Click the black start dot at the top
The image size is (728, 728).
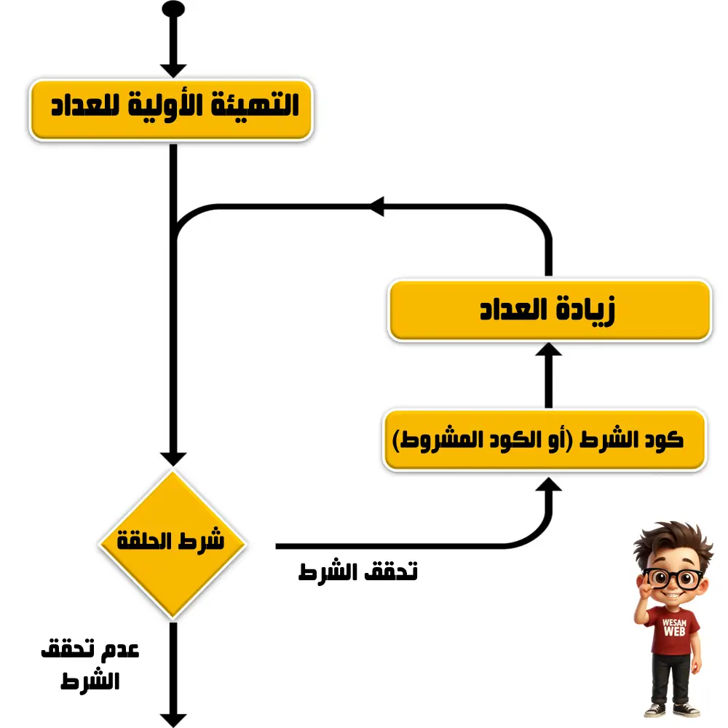pyautogui.click(x=173, y=9)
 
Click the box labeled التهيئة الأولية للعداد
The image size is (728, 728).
pyautogui.click(x=171, y=110)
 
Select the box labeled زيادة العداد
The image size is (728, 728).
pyautogui.click(x=549, y=310)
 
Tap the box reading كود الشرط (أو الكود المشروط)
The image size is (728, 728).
pyautogui.click(x=544, y=440)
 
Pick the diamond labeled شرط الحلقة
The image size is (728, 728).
pyautogui.click(x=173, y=544)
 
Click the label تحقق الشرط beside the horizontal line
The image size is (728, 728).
pyautogui.click(x=358, y=571)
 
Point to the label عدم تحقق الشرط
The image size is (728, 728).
pyautogui.click(x=90, y=665)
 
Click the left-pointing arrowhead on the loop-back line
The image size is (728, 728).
pyautogui.click(x=376, y=206)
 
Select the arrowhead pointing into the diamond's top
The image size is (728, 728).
pyautogui.click(x=173, y=459)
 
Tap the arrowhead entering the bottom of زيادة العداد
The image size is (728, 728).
pyautogui.click(x=549, y=349)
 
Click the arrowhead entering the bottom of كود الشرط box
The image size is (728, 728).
pyautogui.click(x=549, y=484)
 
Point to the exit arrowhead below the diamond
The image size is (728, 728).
pyautogui.click(x=173, y=721)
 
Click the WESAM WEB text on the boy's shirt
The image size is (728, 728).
pyautogui.click(x=674, y=628)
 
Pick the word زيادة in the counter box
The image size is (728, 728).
pyautogui.click(x=586, y=309)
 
